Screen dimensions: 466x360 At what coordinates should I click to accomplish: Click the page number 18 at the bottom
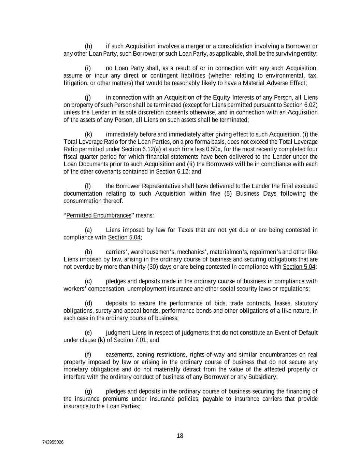pos(180,436)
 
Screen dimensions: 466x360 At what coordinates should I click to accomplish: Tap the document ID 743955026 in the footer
pos(53,442)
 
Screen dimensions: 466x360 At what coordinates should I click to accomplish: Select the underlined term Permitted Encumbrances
pos(99,215)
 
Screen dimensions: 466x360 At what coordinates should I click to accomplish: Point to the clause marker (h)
pos(88,46)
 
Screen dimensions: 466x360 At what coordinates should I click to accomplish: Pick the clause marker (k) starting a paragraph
pos(88,134)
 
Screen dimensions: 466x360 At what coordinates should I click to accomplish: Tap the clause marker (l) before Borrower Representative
pos(88,186)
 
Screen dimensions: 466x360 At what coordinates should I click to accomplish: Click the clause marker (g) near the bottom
pos(88,391)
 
